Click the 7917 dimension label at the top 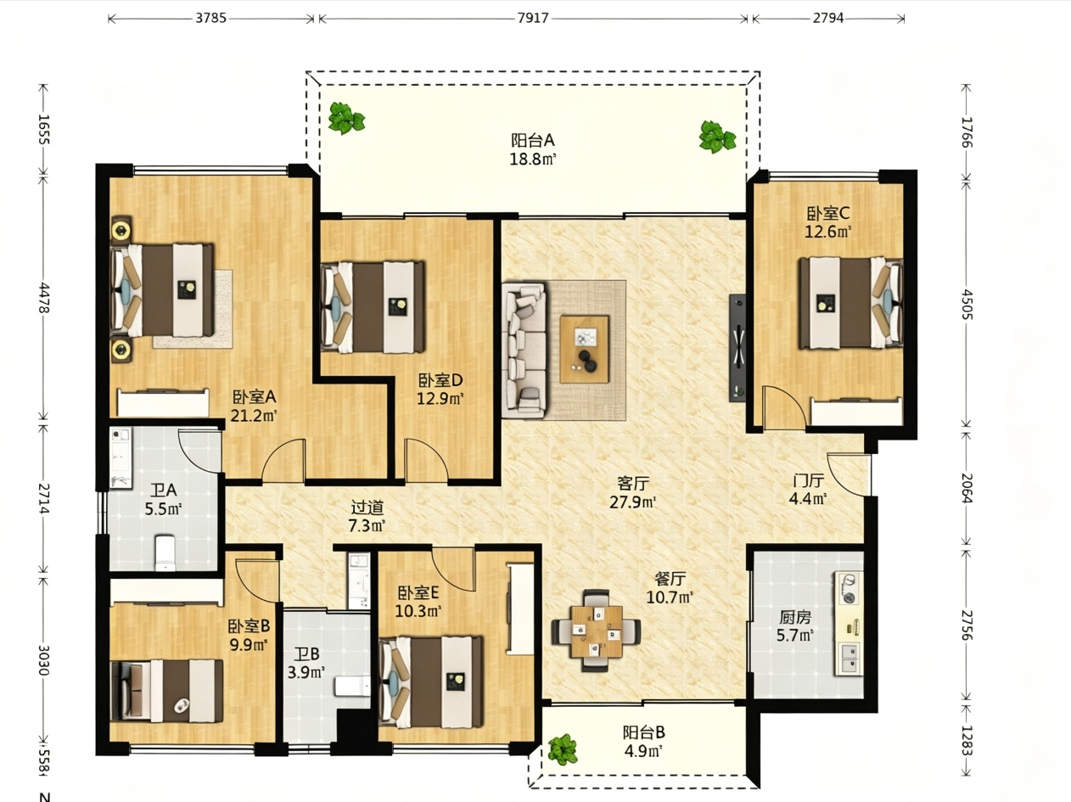pyautogui.click(x=533, y=18)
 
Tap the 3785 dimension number pyautogui.click(x=210, y=18)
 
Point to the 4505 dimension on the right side pyautogui.click(x=967, y=305)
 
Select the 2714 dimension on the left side pyautogui.click(x=44, y=498)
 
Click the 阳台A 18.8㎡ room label pyautogui.click(x=533, y=149)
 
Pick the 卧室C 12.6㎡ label pyautogui.click(x=828, y=222)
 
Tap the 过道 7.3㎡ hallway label pyautogui.click(x=367, y=517)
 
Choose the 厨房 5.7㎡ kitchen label pyautogui.click(x=795, y=626)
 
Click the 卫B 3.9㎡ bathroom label pyautogui.click(x=306, y=663)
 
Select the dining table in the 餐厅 pyautogui.click(x=597, y=631)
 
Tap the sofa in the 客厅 pyautogui.click(x=524, y=350)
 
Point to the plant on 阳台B pyautogui.click(x=563, y=749)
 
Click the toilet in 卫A pyautogui.click(x=165, y=552)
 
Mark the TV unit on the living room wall pyautogui.click(x=737, y=348)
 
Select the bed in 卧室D pyautogui.click(x=373, y=307)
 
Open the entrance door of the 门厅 pyautogui.click(x=849, y=474)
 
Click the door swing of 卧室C pyautogui.click(x=784, y=408)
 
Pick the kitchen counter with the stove pyautogui.click(x=849, y=624)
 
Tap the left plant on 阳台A pyautogui.click(x=346, y=118)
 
